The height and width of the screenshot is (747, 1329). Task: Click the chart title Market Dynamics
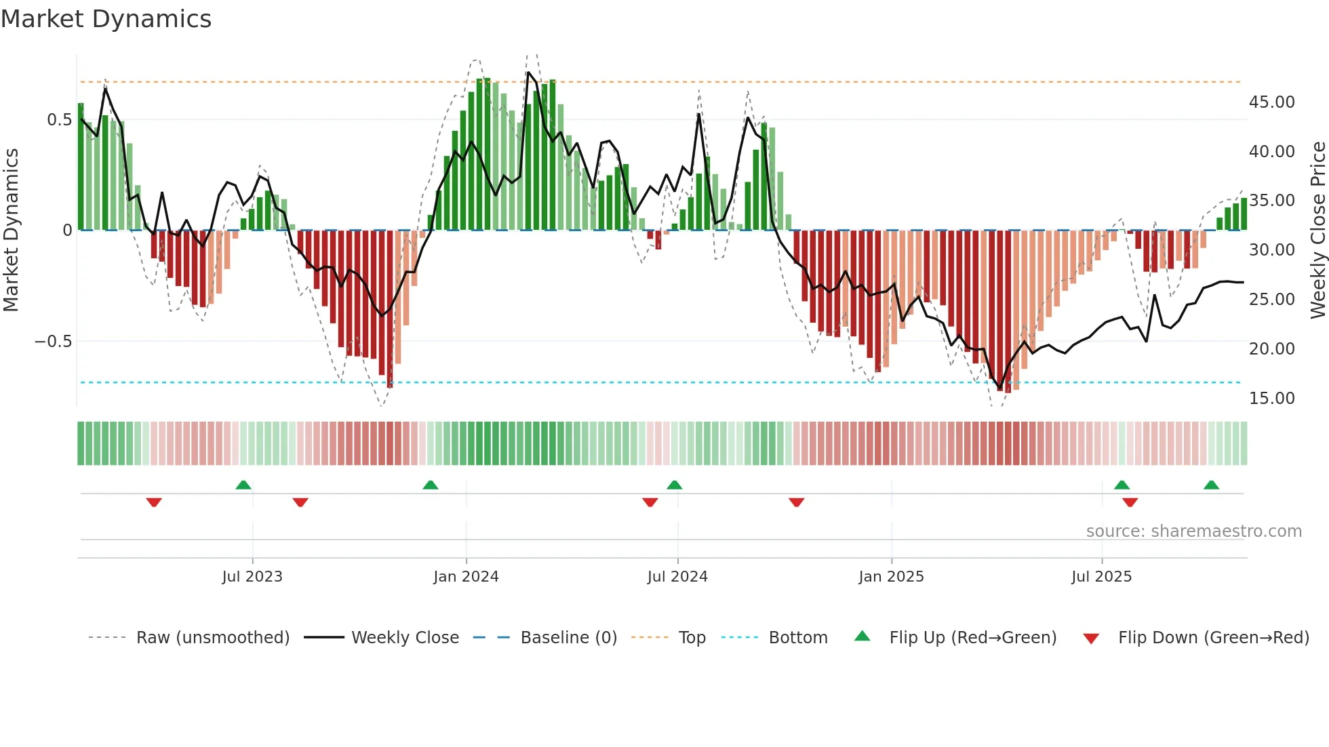coord(106,19)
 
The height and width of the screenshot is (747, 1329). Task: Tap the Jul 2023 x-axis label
coord(252,577)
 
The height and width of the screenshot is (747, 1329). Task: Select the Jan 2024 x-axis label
coord(466,577)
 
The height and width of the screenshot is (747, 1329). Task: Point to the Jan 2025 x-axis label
coord(891,577)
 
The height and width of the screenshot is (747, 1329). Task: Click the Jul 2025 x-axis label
coord(1101,577)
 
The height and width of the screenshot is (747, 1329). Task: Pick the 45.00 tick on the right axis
coord(1271,102)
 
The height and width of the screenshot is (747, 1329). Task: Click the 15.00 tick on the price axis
coord(1271,399)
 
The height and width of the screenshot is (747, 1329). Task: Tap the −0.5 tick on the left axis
coord(53,342)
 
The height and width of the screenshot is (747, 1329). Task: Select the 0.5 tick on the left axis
coord(59,120)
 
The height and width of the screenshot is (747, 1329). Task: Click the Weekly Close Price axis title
coord(1317,230)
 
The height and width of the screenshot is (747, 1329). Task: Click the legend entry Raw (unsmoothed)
coord(212,638)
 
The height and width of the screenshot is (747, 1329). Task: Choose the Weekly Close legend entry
coord(405,638)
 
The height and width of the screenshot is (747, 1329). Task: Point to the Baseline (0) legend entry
coord(568,638)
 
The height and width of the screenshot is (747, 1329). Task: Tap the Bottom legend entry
coord(797,638)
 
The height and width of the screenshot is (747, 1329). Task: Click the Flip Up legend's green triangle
coord(862,636)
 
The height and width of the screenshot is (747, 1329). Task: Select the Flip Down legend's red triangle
coord(1091,639)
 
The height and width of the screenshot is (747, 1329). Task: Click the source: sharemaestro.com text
coord(1193,531)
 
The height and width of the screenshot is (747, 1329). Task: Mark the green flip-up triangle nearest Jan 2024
coord(430,485)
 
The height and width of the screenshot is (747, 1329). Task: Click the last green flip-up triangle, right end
coord(1211,485)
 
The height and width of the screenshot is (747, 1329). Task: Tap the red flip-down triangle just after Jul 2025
coord(1130,502)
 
